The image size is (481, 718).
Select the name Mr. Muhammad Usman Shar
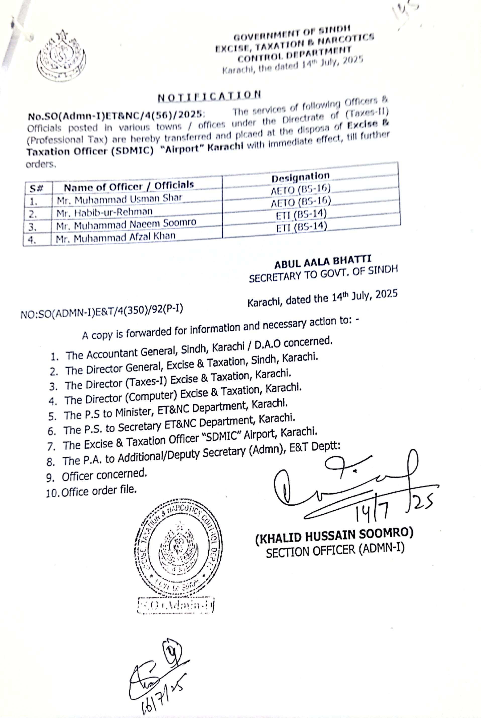coord(120,199)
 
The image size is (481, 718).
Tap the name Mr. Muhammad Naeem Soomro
coord(126,224)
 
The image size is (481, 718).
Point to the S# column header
coord(36,188)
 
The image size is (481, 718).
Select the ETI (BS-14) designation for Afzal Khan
coord(302,227)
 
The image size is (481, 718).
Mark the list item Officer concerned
coord(104,475)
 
